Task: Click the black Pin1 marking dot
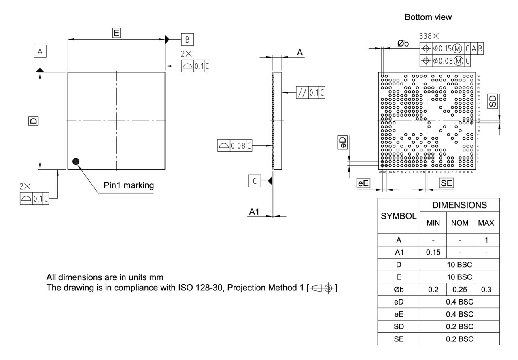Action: click(x=76, y=162)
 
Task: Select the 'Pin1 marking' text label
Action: click(x=129, y=185)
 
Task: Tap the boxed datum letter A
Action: click(x=40, y=51)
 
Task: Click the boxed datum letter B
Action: click(x=187, y=39)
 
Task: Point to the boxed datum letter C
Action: click(x=255, y=182)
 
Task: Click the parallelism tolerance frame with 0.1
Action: click(x=310, y=93)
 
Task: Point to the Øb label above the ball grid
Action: click(x=403, y=44)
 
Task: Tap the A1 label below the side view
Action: click(x=254, y=212)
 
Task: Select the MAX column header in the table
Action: click(x=486, y=223)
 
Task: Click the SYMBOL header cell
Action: click(x=399, y=216)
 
